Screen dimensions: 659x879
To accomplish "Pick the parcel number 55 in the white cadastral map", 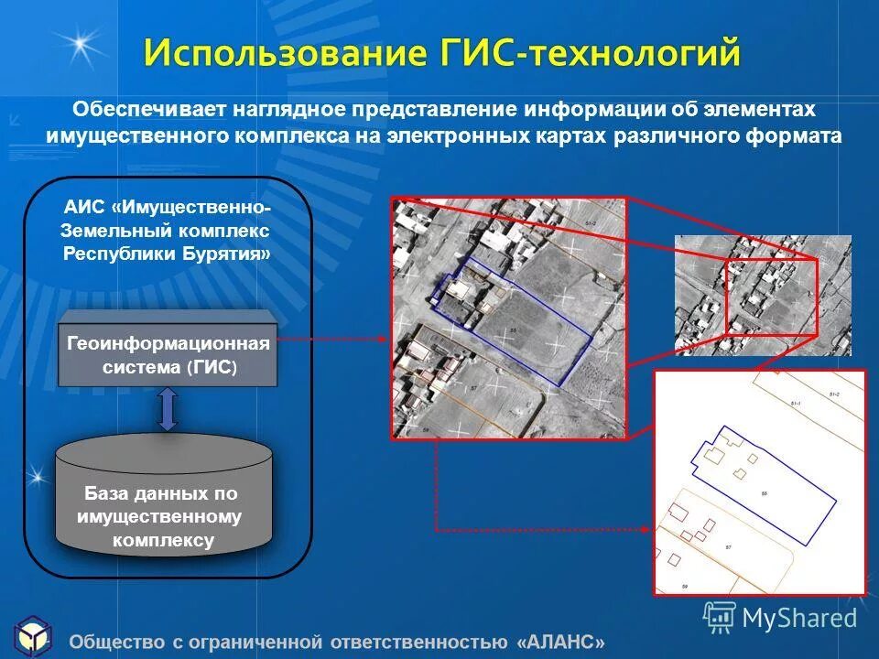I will click(x=764, y=493).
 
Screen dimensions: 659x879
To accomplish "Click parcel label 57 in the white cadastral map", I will click(x=729, y=546).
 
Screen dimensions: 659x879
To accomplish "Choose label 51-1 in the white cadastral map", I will click(x=795, y=404).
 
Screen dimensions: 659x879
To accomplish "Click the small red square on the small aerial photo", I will click(x=771, y=296).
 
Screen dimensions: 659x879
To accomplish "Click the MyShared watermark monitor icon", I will click(x=720, y=616).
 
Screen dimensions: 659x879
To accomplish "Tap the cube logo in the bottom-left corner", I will click(x=33, y=636).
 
